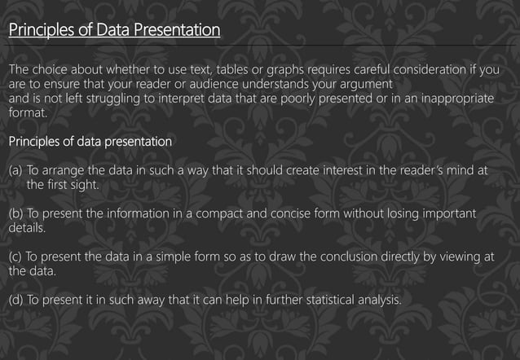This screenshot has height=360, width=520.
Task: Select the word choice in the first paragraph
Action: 51,69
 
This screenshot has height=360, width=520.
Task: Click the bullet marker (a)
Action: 15,171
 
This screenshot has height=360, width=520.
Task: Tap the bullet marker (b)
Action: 15,213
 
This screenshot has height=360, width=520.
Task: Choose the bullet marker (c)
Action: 15,256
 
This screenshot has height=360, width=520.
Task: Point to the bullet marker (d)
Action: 15,299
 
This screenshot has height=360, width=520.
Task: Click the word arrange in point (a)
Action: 65,171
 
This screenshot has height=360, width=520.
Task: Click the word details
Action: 26,228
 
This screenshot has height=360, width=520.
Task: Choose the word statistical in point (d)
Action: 329,299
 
